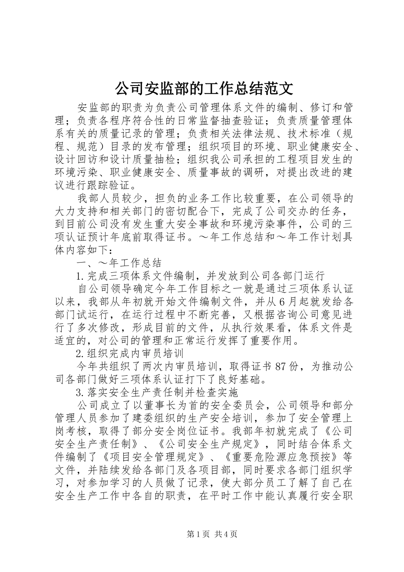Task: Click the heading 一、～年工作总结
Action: point(119,263)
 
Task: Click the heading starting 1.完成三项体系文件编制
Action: point(200,275)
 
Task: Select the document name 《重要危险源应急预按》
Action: point(281,457)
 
